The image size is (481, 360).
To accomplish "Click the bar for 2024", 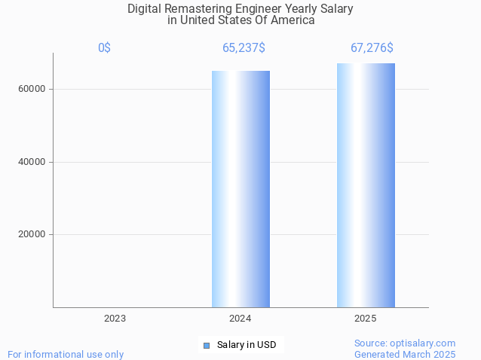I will click(240, 188).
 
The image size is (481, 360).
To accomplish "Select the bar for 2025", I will click(366, 185).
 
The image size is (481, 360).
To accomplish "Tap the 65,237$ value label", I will click(244, 48).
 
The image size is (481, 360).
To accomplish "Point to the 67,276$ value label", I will click(372, 48).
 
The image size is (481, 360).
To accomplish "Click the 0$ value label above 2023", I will click(104, 48).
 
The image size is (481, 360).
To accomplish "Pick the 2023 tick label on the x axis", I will click(115, 319).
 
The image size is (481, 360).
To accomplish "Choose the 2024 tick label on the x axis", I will click(240, 319).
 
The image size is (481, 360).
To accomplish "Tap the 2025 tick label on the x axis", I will click(366, 319).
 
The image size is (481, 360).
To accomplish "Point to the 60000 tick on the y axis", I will click(32, 89).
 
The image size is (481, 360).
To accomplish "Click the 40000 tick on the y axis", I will click(32, 162).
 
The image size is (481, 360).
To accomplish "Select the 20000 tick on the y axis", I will click(32, 234).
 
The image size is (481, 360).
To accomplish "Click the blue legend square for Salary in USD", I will click(206, 346).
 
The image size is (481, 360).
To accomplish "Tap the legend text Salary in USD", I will click(247, 346).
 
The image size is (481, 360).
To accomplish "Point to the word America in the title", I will click(293, 20).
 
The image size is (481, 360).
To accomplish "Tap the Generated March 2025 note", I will click(405, 354).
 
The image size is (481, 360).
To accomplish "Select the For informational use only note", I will click(66, 354).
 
